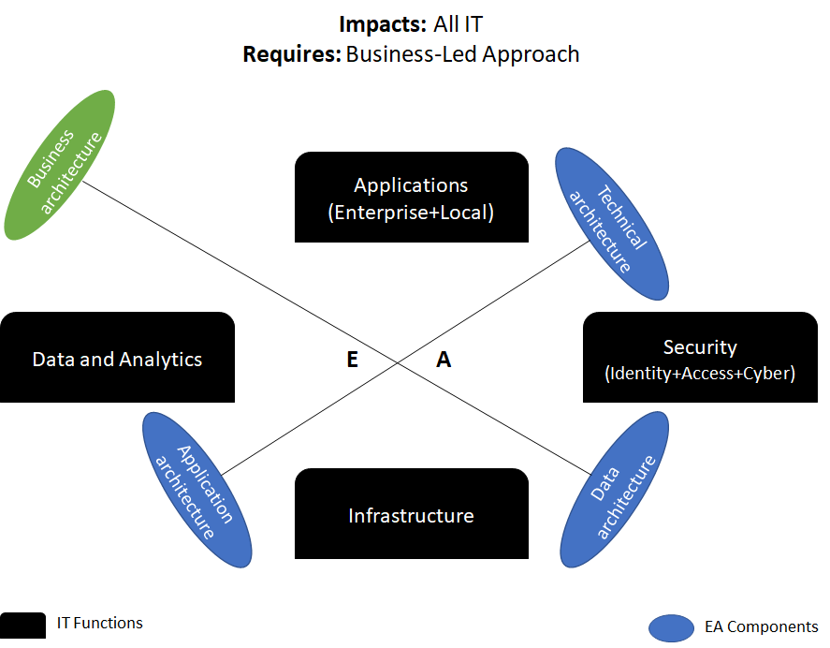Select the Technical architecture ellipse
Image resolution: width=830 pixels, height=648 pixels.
pyautogui.click(x=612, y=224)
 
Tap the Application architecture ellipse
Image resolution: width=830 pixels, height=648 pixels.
pyautogui.click(x=197, y=489)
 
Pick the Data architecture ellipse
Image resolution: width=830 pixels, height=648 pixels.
pyautogui.click(x=615, y=490)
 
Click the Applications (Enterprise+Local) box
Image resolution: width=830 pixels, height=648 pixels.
pyautogui.click(x=411, y=198)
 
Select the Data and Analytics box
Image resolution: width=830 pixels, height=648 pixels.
pyautogui.click(x=117, y=358)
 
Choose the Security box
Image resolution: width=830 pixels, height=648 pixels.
pyautogui.click(x=700, y=358)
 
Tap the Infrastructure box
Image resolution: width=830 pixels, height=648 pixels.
pyautogui.click(x=411, y=514)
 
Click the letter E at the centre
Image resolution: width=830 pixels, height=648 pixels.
pyautogui.click(x=353, y=360)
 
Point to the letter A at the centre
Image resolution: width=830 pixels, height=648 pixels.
pyautogui.click(x=444, y=360)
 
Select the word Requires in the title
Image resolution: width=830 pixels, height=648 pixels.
pyautogui.click(x=291, y=54)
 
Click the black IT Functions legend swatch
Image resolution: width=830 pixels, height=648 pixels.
pyautogui.click(x=22, y=626)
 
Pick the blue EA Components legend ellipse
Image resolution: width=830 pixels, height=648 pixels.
pyautogui.click(x=671, y=627)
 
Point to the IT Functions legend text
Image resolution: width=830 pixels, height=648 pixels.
pyautogui.click(x=100, y=623)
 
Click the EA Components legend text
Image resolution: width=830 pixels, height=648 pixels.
pyautogui.click(x=761, y=627)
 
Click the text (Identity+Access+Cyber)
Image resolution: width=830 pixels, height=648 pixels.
pyautogui.click(x=700, y=374)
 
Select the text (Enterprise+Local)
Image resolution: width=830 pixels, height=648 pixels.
pyautogui.click(x=411, y=213)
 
